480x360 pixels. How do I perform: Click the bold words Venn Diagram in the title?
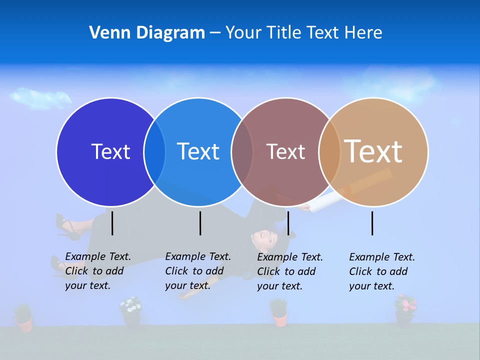pos(147,33)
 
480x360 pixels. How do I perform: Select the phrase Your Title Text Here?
pos(303,33)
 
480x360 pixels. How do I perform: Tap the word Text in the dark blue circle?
pos(110,151)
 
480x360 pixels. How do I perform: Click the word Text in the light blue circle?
pos(198,151)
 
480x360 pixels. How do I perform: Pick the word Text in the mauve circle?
pos(285,151)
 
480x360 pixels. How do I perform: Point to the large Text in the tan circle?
pos(373,151)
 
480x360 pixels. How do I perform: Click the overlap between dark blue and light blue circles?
pos(154,151)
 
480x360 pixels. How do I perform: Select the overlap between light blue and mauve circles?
pos(242,151)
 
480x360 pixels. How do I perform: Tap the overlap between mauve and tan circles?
pos(329,151)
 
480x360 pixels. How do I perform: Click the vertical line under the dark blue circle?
pos(112,223)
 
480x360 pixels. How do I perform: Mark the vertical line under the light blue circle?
pos(200,223)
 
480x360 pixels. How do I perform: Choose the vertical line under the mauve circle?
pos(288,223)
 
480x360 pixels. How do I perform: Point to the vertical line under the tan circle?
pos(372,223)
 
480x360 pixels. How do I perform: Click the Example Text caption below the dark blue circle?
pos(98,271)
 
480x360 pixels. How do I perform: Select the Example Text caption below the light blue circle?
pos(198,271)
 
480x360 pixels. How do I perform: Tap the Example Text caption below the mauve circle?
pos(290,271)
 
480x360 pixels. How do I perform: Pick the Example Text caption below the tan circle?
pos(382,271)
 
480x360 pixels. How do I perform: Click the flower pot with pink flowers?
pos(405,309)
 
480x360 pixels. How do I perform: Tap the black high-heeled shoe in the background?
pos(68,227)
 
